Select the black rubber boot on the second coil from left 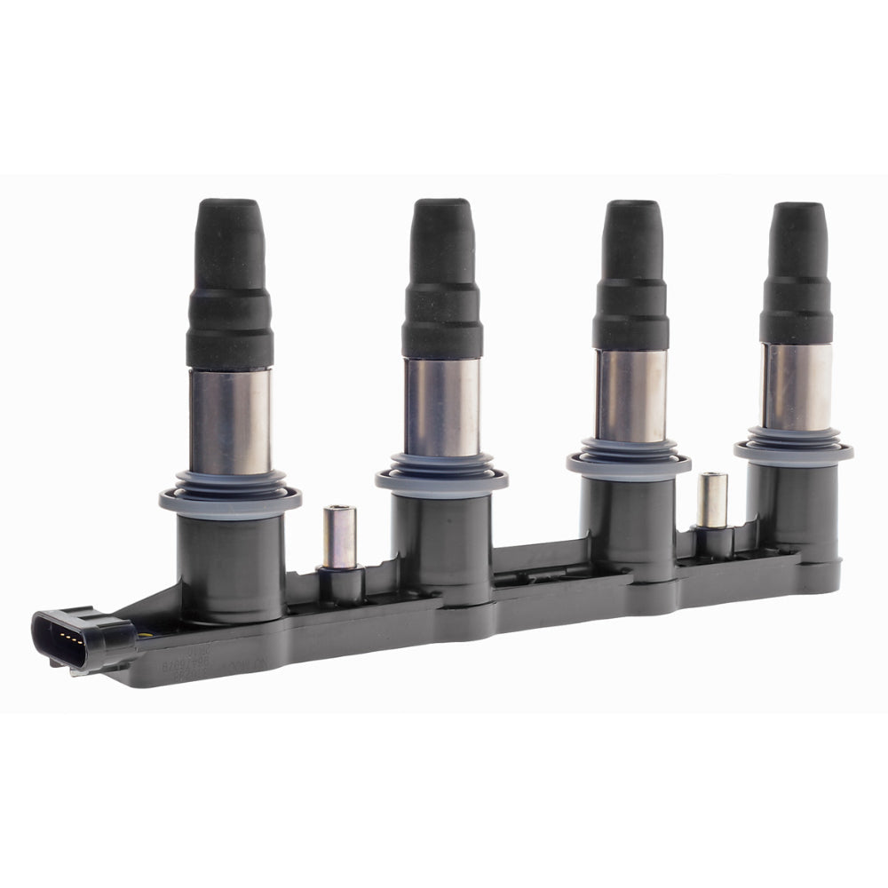pos(441,284)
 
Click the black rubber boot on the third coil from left pos(631,280)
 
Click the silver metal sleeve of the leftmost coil pos(230,422)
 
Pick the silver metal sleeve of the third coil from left pos(630,395)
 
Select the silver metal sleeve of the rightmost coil pos(797,386)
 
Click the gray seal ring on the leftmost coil pos(230,497)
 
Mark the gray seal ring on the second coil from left pos(441,479)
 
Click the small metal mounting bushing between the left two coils pos(339,536)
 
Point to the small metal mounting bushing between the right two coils pos(711,500)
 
